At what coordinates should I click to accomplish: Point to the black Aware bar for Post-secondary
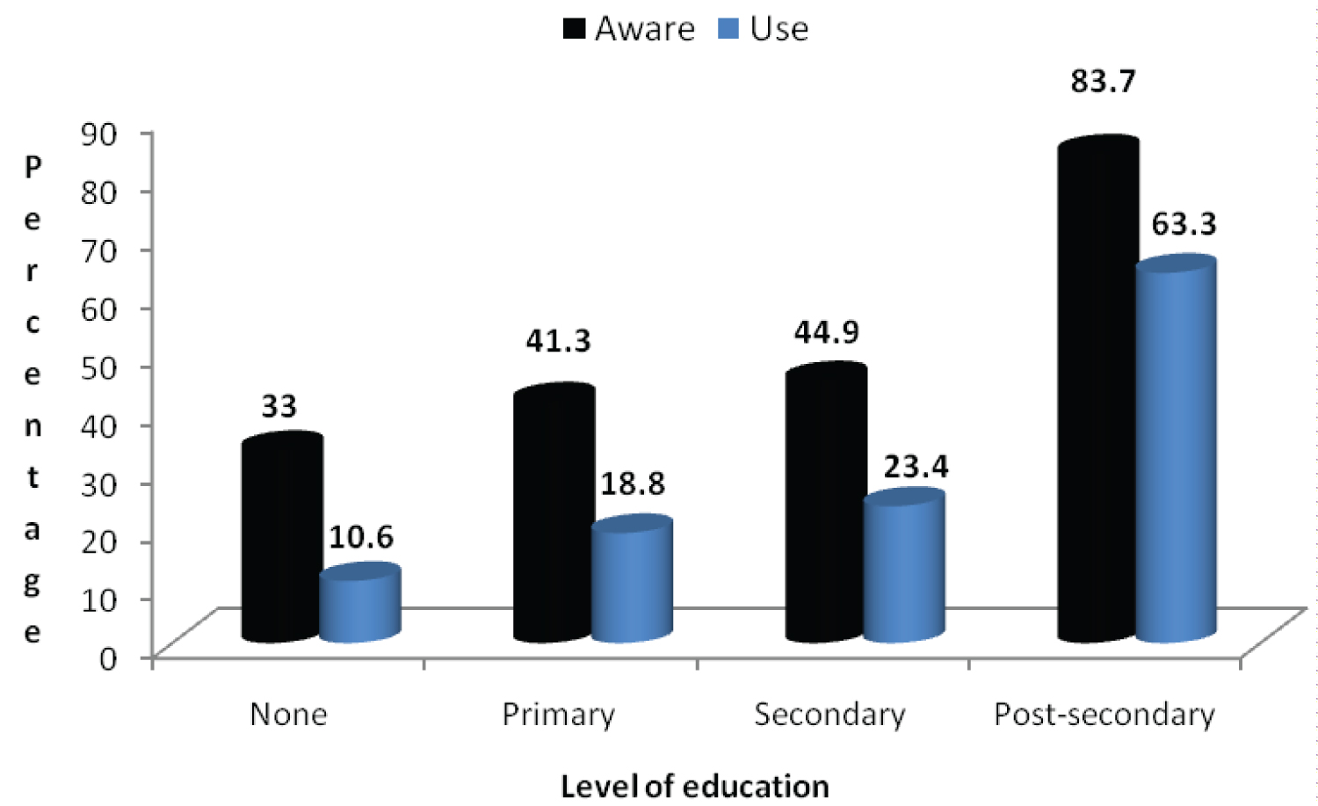pyautogui.click(x=1098, y=390)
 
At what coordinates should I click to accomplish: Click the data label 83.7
pyautogui.click(x=1103, y=82)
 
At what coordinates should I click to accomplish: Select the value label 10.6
pyautogui.click(x=361, y=536)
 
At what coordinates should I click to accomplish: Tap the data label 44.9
pyautogui.click(x=826, y=332)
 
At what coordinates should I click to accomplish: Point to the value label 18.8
pyautogui.click(x=633, y=483)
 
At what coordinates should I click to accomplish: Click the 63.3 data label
pyautogui.click(x=1184, y=224)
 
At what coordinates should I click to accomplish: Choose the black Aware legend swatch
pyautogui.click(x=575, y=29)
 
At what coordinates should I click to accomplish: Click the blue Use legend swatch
pyautogui.click(x=728, y=29)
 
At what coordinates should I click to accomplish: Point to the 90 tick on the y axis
pyautogui.click(x=99, y=134)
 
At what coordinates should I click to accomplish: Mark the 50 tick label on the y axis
pyautogui.click(x=99, y=367)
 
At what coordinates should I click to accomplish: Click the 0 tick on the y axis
pyautogui.click(x=108, y=657)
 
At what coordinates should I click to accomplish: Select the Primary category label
pyautogui.click(x=558, y=715)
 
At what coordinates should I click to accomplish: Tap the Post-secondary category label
pyautogui.click(x=1104, y=715)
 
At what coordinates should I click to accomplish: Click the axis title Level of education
pyautogui.click(x=694, y=786)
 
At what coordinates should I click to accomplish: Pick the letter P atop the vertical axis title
pyautogui.click(x=33, y=166)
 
